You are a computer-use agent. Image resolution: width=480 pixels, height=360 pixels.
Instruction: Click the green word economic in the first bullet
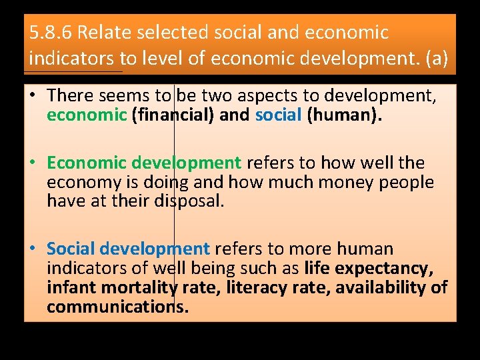87,115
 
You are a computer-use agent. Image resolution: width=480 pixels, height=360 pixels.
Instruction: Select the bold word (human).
344,115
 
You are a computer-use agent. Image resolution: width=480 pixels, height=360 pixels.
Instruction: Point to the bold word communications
117,307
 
